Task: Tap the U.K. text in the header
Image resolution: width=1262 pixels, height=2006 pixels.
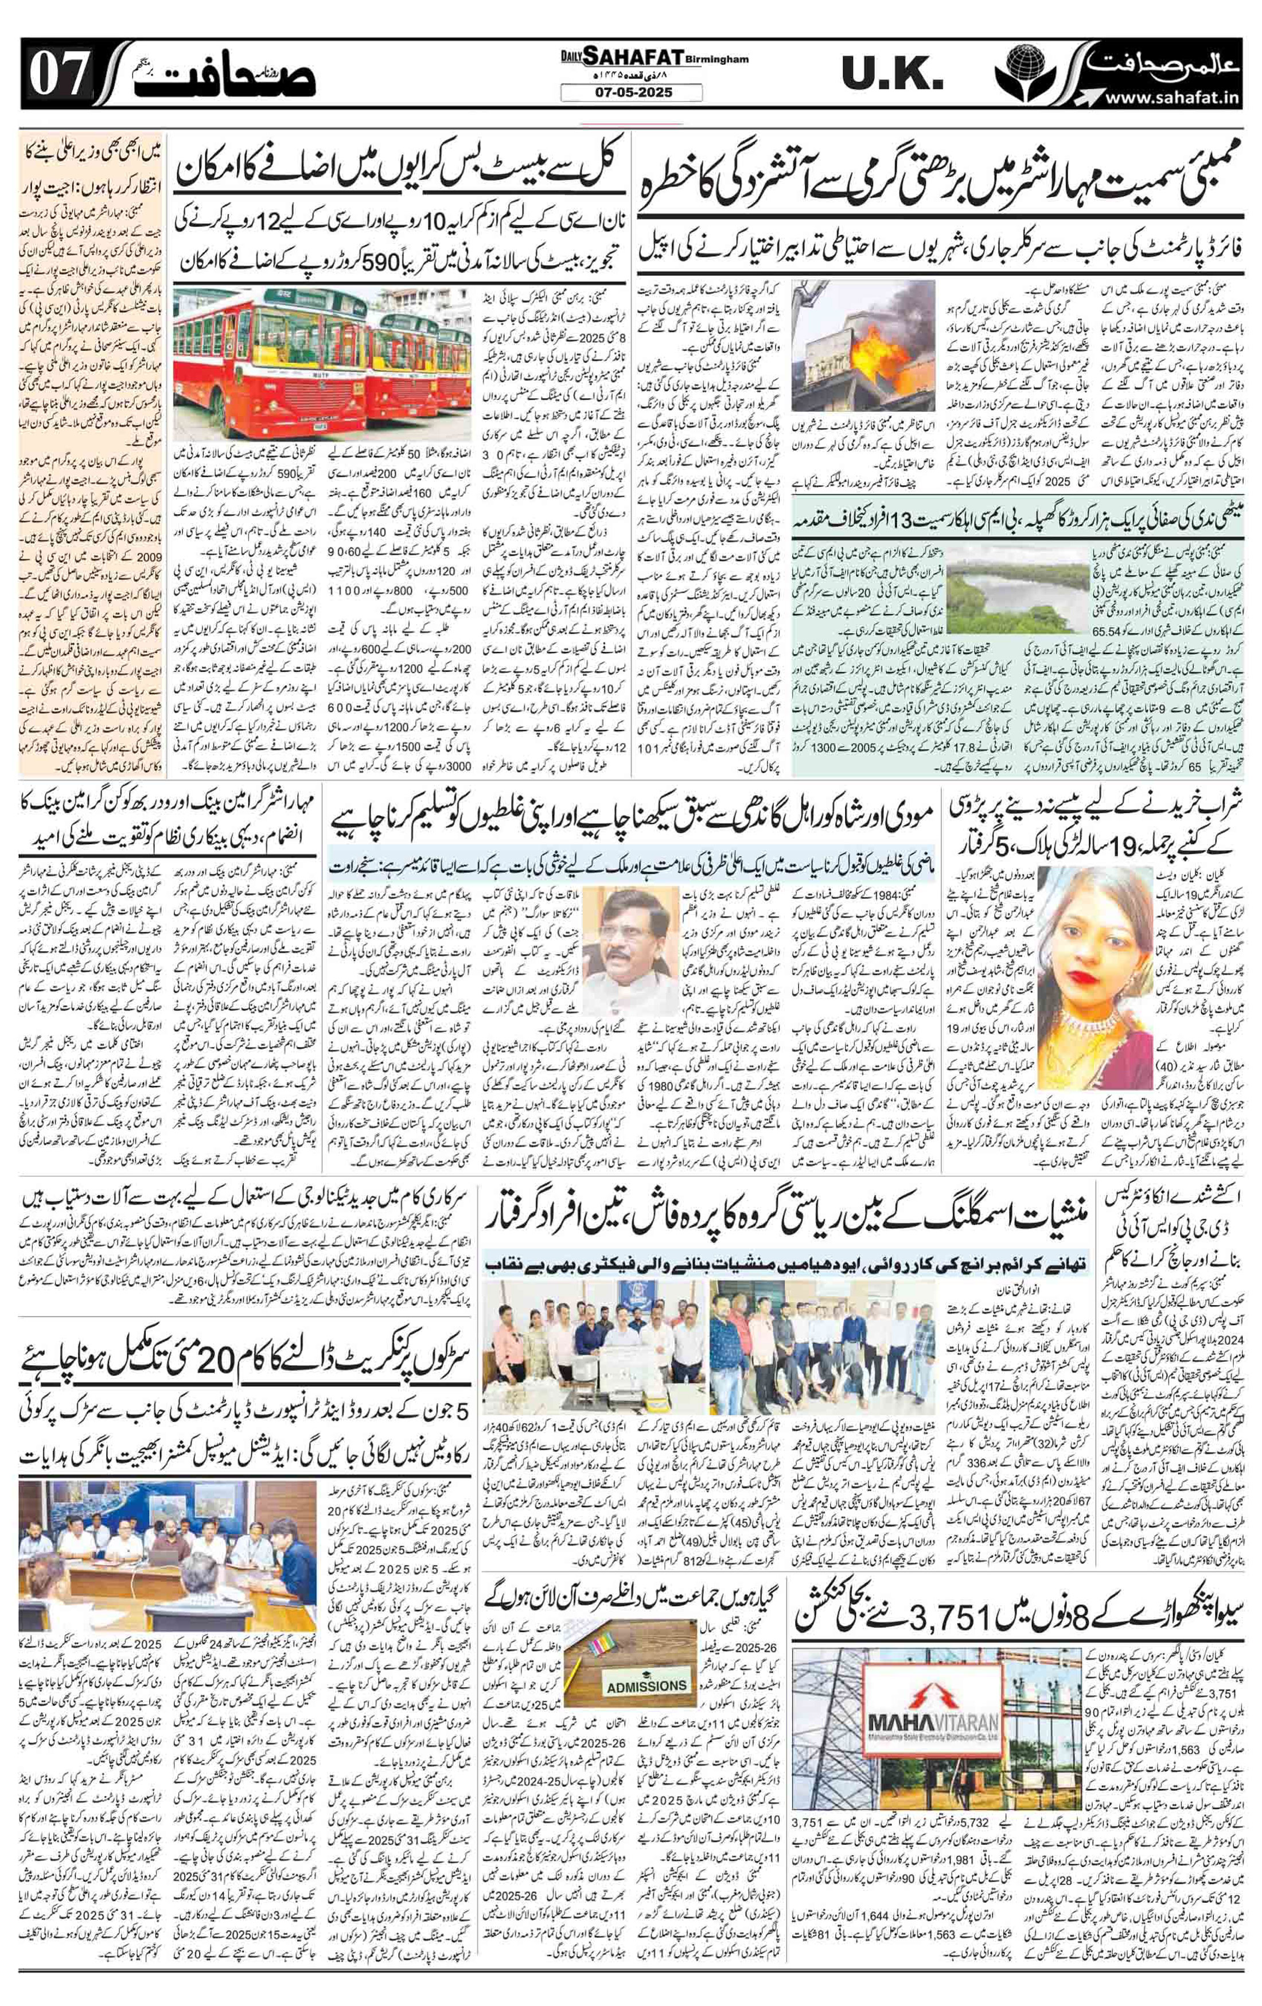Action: point(892,76)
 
